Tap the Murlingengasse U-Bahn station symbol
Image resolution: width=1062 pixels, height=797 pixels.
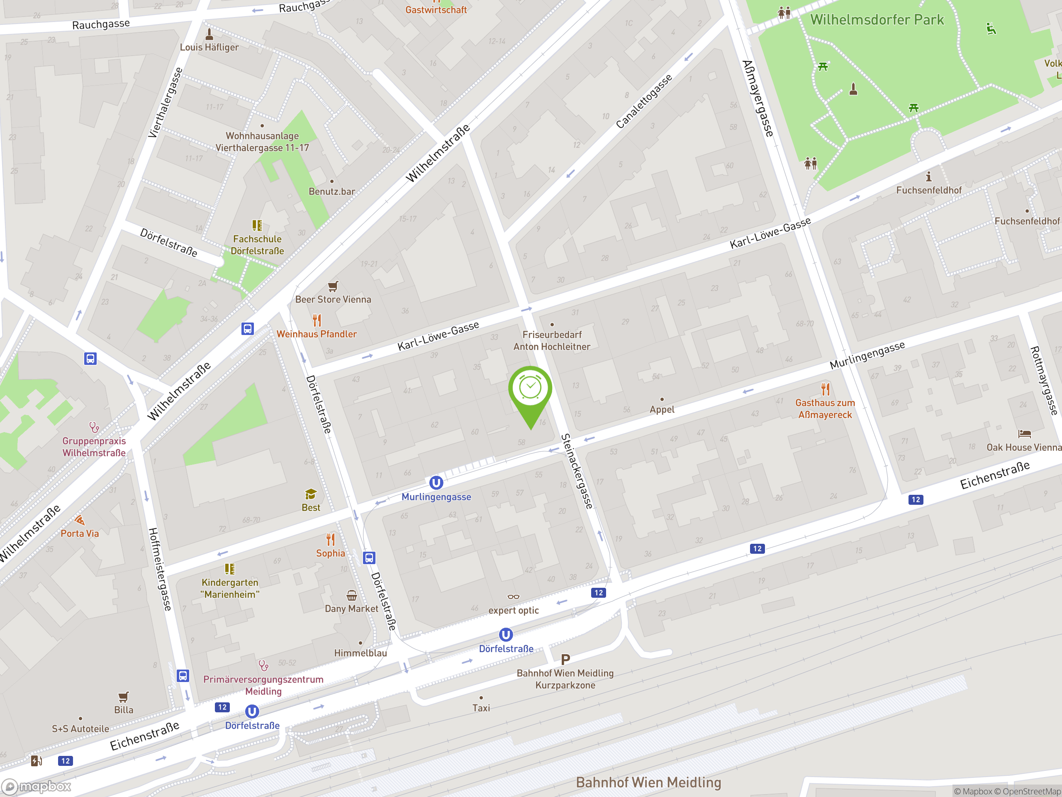click(436, 482)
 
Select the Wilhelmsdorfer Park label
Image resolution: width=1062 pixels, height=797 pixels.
click(877, 20)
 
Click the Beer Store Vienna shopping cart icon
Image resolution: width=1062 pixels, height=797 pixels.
click(333, 286)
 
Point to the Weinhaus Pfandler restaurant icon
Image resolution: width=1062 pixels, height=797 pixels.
click(317, 320)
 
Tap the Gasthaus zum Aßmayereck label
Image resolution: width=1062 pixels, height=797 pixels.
click(825, 409)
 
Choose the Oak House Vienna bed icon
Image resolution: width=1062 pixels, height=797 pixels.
click(1025, 433)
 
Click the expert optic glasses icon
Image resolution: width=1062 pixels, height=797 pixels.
click(513, 597)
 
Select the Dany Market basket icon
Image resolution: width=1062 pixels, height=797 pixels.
click(351, 596)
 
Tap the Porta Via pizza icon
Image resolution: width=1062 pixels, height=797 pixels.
click(80, 520)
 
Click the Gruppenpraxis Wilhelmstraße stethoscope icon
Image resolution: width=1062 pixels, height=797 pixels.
click(94, 427)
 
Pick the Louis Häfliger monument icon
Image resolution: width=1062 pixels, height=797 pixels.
click(209, 34)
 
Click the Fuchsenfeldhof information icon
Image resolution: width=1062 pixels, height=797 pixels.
click(928, 177)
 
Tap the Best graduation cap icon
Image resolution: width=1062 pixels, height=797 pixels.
click(311, 494)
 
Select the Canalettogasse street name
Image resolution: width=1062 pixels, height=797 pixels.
click(643, 102)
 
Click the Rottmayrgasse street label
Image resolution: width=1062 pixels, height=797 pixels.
click(1044, 381)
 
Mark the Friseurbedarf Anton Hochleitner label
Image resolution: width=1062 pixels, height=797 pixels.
click(552, 341)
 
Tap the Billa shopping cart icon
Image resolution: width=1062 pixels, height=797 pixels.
click(123, 697)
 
